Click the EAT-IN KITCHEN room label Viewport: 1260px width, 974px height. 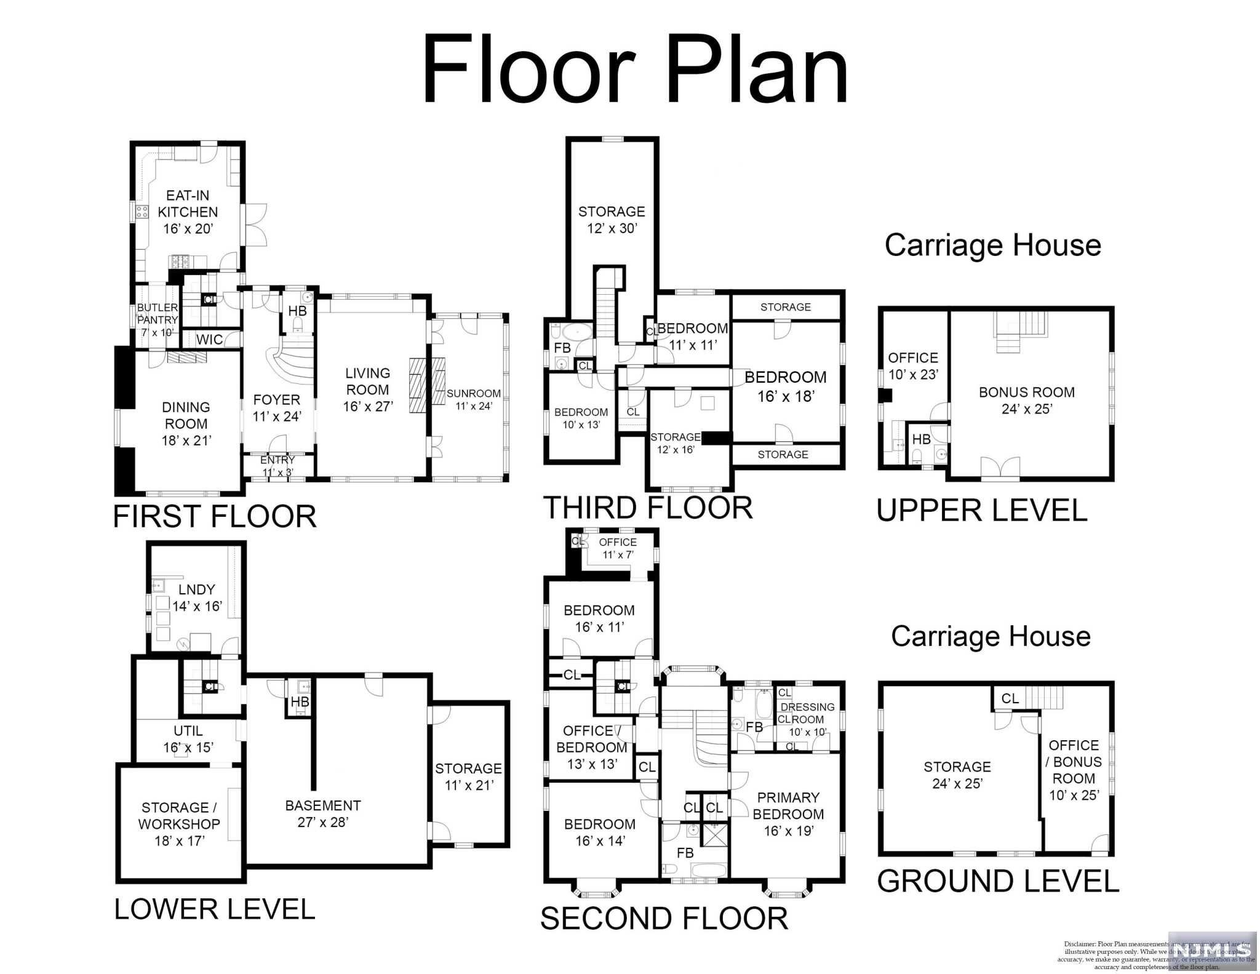[188, 204]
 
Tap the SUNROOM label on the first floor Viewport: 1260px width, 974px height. [473, 394]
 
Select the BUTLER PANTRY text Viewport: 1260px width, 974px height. [157, 314]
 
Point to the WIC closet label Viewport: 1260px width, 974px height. [209, 339]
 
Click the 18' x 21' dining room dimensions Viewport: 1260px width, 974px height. [186, 441]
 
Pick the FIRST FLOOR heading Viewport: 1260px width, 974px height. [214, 516]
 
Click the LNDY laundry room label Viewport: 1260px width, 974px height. [197, 589]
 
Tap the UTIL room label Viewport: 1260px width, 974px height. [188, 731]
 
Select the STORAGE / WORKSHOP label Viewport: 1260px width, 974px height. [179, 816]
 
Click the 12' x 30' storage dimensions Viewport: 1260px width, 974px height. [612, 228]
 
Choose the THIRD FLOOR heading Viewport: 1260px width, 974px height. [648, 508]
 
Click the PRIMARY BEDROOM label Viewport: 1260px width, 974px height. [788, 806]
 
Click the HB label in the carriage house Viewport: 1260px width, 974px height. [921, 439]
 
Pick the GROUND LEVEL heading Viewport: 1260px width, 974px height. [998, 881]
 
